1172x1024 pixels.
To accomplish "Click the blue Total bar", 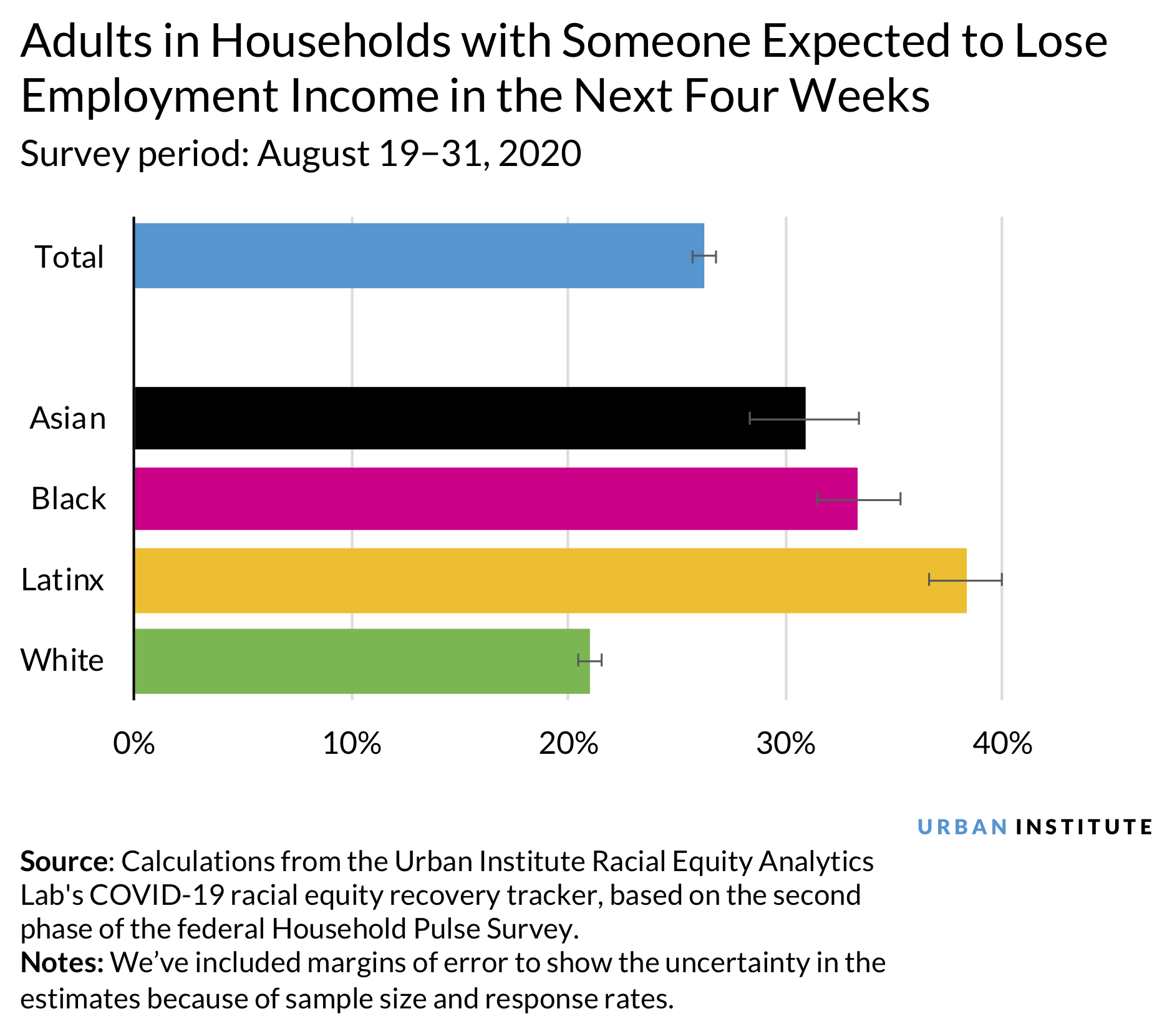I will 418,256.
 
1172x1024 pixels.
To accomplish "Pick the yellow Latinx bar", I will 549,580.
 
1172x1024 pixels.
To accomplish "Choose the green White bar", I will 362,661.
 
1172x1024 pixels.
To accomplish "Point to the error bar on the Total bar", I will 704,256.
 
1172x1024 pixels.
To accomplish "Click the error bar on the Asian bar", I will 804,418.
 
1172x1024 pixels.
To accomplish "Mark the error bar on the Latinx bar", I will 965,580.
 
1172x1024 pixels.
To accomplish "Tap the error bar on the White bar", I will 590,660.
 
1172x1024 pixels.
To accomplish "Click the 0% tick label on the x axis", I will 133,744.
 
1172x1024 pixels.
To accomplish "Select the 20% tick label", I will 568,744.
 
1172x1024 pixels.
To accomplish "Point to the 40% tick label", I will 1002,744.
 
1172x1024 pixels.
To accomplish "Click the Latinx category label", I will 62,580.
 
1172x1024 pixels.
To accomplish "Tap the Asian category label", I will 68,418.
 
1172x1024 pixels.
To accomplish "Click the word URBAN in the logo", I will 962,827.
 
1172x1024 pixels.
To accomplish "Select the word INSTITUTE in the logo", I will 1084,827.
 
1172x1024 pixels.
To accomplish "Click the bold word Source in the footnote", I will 64,862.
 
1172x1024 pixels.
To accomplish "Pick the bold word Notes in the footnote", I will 61,963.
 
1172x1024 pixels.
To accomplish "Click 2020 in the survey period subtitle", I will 540,154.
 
